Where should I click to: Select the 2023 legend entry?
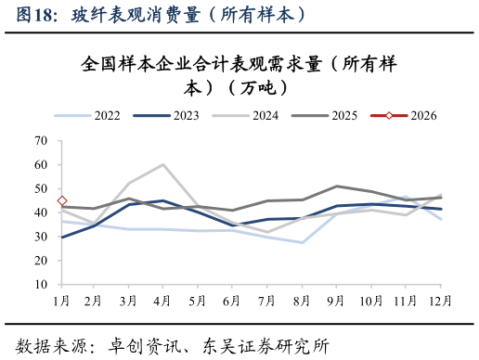pyautogui.click(x=186, y=116)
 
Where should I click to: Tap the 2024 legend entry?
pyautogui.click(x=265, y=116)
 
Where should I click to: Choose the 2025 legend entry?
pyautogui.click(x=344, y=116)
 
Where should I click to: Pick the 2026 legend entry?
pyautogui.click(x=423, y=116)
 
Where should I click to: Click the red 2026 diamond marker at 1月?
pyautogui.click(x=62, y=200)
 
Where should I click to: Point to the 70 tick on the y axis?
pyautogui.click(x=41, y=141)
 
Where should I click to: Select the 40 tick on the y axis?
pyautogui.click(x=41, y=212)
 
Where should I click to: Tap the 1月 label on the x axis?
pyautogui.click(x=62, y=302)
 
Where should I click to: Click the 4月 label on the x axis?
pyautogui.click(x=163, y=302)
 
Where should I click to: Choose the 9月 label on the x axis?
pyautogui.click(x=336, y=302)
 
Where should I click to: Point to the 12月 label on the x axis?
pyautogui.click(x=440, y=302)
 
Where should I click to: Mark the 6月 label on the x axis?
pyautogui.click(x=233, y=302)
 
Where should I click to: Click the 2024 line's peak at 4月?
pyautogui.click(x=163, y=164)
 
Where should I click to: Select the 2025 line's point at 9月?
pyautogui.click(x=336, y=186)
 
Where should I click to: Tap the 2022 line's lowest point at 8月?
pyautogui.click(x=302, y=242)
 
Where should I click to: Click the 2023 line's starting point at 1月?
pyautogui.click(x=62, y=237)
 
